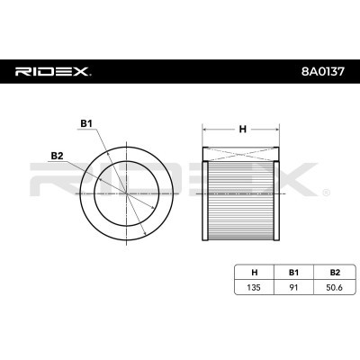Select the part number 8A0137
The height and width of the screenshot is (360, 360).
pyautogui.click(x=323, y=72)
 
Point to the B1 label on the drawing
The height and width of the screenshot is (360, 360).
pyautogui.click(x=86, y=123)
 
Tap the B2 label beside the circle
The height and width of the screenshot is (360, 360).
pyautogui.click(x=57, y=156)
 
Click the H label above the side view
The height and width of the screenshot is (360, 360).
pyautogui.click(x=242, y=129)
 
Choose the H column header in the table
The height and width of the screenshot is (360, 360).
pyautogui.click(x=255, y=273)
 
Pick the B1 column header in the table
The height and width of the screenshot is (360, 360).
pyautogui.click(x=293, y=273)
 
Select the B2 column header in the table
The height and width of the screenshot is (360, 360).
pyautogui.click(x=335, y=273)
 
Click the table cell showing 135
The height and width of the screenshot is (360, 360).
pyautogui.click(x=254, y=287)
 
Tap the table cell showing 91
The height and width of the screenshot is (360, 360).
pyautogui.click(x=293, y=287)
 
